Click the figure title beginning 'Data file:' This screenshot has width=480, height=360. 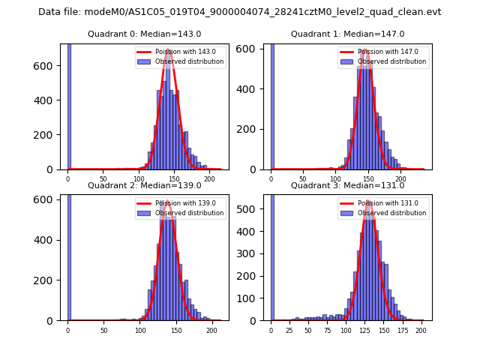pyautogui.click(x=239, y=12)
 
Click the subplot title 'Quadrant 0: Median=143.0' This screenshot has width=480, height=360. pyautogui.click(x=145, y=34)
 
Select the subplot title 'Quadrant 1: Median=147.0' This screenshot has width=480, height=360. pyautogui.click(x=347, y=34)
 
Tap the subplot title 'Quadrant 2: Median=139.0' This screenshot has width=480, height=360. pyautogui.click(x=145, y=185)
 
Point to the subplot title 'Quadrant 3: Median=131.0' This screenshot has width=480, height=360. pyautogui.click(x=347, y=185)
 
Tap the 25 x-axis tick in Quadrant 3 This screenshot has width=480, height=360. pyautogui.click(x=289, y=329)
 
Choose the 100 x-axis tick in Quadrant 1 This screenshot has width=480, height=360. pyautogui.click(x=336, y=178)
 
